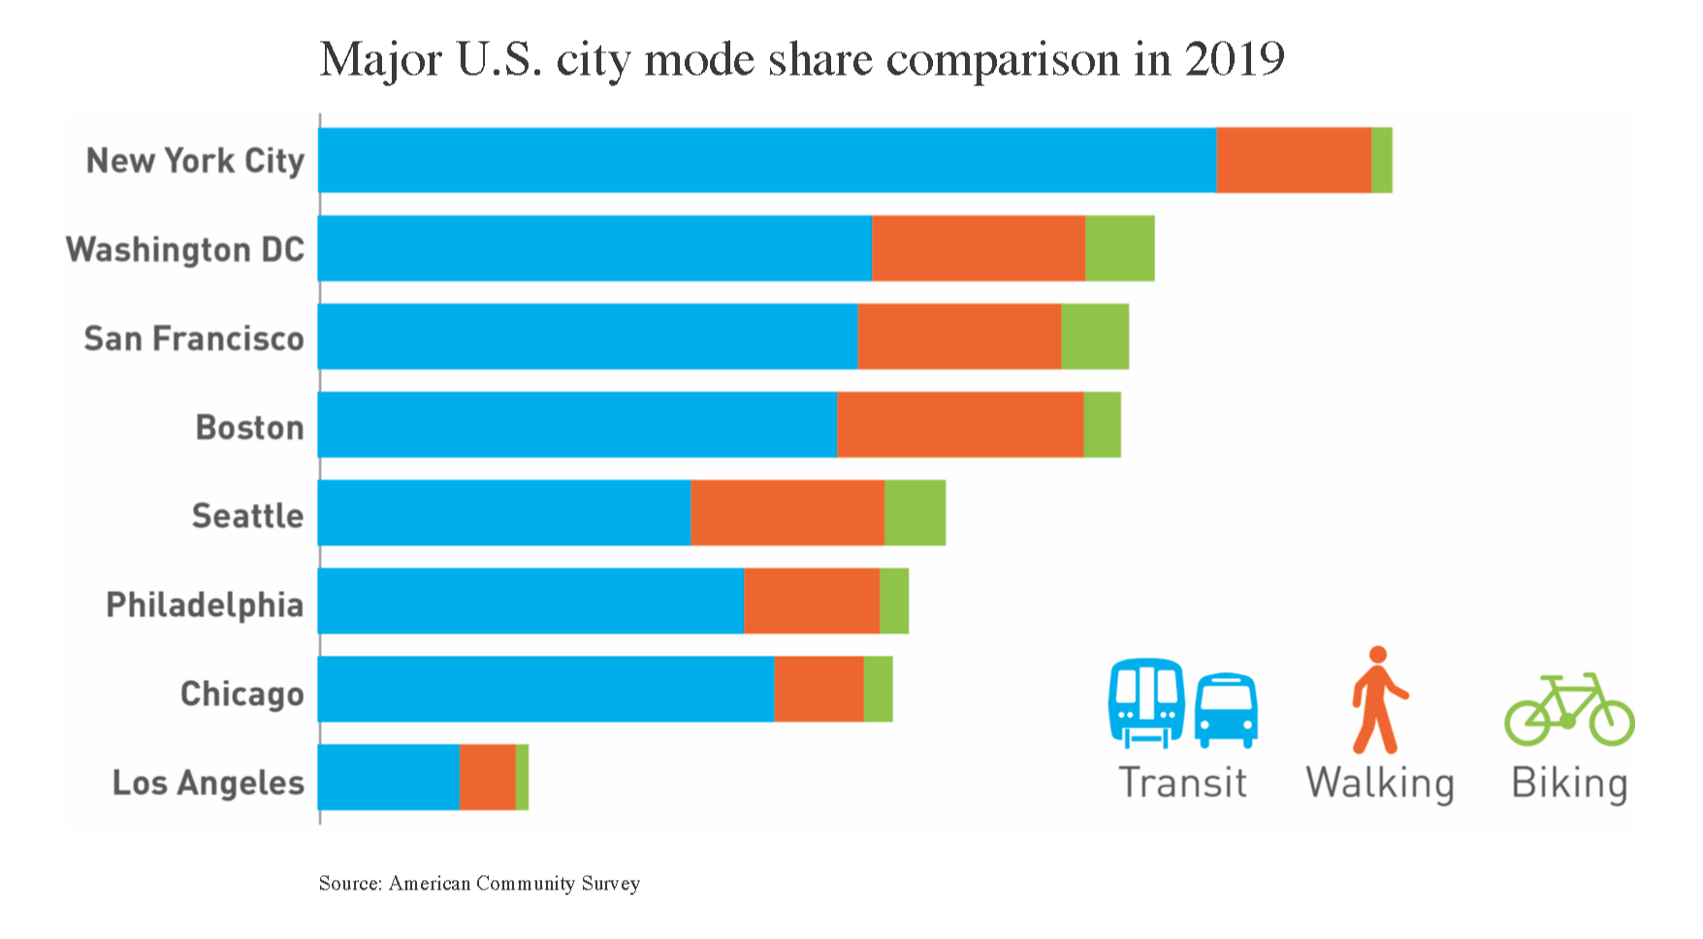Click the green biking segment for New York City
(1382, 160)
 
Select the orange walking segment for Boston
(960, 425)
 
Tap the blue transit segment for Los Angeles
(389, 777)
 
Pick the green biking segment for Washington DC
(1120, 248)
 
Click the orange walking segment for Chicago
(819, 689)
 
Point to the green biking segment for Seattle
(915, 512)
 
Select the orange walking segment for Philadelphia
(812, 600)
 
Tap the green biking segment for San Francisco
(1095, 337)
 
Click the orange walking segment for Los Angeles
(488, 777)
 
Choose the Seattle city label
(247, 515)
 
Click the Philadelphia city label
(205, 605)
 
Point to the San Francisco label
(194, 339)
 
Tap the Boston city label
(249, 427)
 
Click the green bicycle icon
(1569, 709)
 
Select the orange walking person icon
(1378, 699)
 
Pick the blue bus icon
(1226, 711)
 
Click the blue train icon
(1146, 703)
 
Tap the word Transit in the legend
(1182, 783)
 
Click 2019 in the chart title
(1235, 59)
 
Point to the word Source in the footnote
(350, 883)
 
